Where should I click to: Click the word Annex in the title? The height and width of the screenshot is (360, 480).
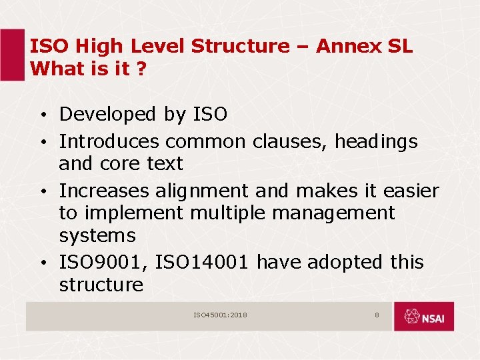(341, 47)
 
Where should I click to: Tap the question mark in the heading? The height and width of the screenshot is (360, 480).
(141, 69)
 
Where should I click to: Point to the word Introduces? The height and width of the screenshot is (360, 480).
(109, 142)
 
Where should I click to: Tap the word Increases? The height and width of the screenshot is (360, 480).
(104, 191)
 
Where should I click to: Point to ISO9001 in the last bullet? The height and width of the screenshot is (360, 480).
(104, 263)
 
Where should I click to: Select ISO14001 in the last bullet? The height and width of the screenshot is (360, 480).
(203, 263)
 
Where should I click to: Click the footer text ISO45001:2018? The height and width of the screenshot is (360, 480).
(220, 315)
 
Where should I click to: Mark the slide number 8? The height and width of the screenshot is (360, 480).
(377, 315)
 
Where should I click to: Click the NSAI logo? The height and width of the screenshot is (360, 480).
(423, 317)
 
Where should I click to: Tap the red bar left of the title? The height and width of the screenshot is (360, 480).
(12, 55)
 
